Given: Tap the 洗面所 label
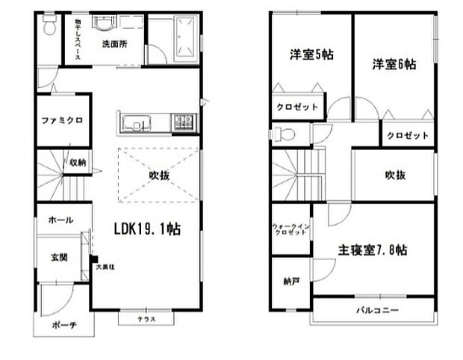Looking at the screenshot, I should pyautogui.click(x=114, y=43).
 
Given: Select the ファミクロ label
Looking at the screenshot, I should pyautogui.click(x=61, y=120).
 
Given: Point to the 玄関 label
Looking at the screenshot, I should pyautogui.click(x=60, y=258).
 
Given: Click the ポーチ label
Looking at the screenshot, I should pyautogui.click(x=63, y=326).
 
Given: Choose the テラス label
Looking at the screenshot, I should pyautogui.click(x=146, y=320).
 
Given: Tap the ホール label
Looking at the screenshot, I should pyautogui.click(x=60, y=220).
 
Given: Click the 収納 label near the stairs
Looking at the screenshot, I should pyautogui.click(x=78, y=161).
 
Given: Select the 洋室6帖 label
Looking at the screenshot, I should pyautogui.click(x=394, y=65).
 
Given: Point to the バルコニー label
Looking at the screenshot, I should pyautogui.click(x=376, y=309).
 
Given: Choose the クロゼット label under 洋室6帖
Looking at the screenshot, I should pyautogui.click(x=408, y=136).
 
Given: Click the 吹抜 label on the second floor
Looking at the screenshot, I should pyautogui.click(x=395, y=176).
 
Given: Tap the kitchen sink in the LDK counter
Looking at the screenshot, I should pyautogui.click(x=137, y=121).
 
